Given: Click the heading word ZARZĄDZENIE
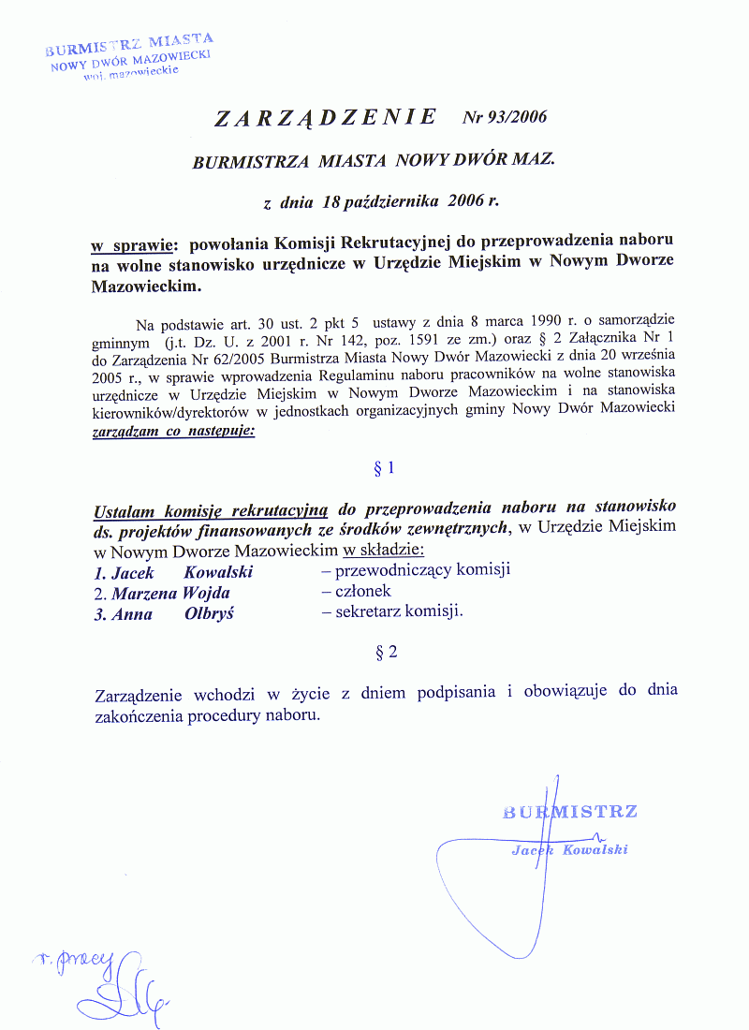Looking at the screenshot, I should click(x=325, y=118).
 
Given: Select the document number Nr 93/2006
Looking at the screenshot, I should click(x=504, y=118).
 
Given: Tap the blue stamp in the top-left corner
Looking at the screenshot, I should click(x=130, y=56).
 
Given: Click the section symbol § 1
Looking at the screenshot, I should click(x=385, y=467).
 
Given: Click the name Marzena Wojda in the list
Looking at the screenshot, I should click(x=170, y=593).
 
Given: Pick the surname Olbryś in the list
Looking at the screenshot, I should click(x=210, y=614).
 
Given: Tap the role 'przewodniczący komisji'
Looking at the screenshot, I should click(x=415, y=570).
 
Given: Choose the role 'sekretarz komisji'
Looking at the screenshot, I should click(x=392, y=613).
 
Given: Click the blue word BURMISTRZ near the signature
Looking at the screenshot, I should click(x=570, y=811).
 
